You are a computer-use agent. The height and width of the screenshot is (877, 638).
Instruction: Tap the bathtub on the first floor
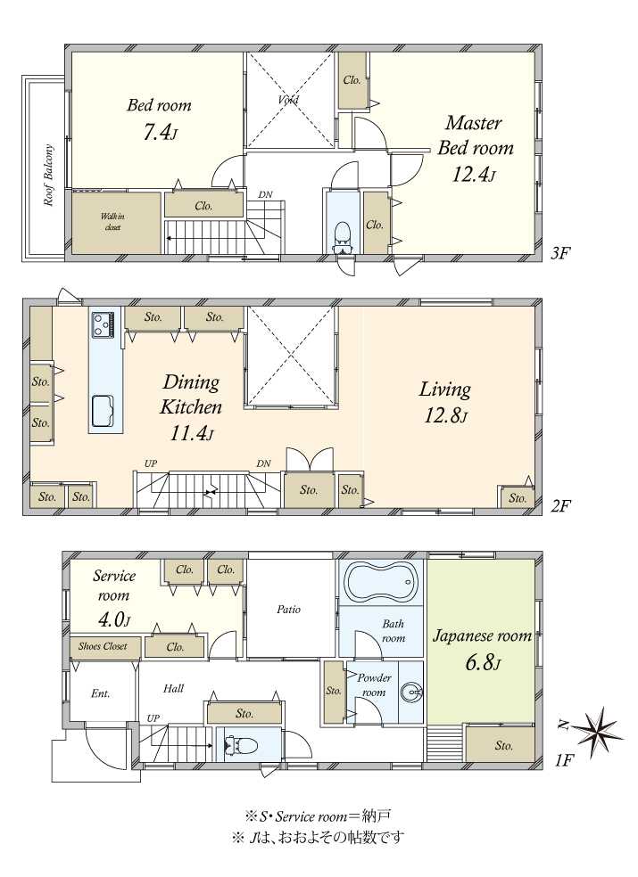(x=380, y=583)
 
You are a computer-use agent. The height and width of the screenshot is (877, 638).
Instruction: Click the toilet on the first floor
(x=240, y=745)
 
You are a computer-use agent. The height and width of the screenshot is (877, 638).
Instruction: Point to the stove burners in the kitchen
(x=104, y=324)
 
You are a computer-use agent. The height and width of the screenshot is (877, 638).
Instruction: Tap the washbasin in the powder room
(x=412, y=693)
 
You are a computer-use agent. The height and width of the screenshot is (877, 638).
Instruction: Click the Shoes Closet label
(x=104, y=646)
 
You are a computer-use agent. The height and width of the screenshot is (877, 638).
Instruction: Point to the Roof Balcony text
(x=49, y=175)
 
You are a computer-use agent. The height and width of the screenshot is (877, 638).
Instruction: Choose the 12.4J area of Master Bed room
(x=473, y=174)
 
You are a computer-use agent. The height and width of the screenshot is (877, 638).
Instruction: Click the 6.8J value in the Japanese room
(x=482, y=663)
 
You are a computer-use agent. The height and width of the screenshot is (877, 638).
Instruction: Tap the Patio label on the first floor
(x=289, y=609)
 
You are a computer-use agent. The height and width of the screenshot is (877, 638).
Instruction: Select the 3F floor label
(x=560, y=253)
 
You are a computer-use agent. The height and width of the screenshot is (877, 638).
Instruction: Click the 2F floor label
(x=560, y=506)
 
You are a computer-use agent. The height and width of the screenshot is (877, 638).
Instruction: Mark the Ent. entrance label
(x=100, y=693)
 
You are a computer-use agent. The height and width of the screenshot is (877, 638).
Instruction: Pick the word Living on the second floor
(x=444, y=389)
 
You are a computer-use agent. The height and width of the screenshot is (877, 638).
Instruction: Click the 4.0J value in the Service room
(x=112, y=619)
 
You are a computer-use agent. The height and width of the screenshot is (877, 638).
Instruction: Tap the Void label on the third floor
(x=289, y=100)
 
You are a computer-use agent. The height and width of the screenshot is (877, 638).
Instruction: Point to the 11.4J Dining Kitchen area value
(x=191, y=432)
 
